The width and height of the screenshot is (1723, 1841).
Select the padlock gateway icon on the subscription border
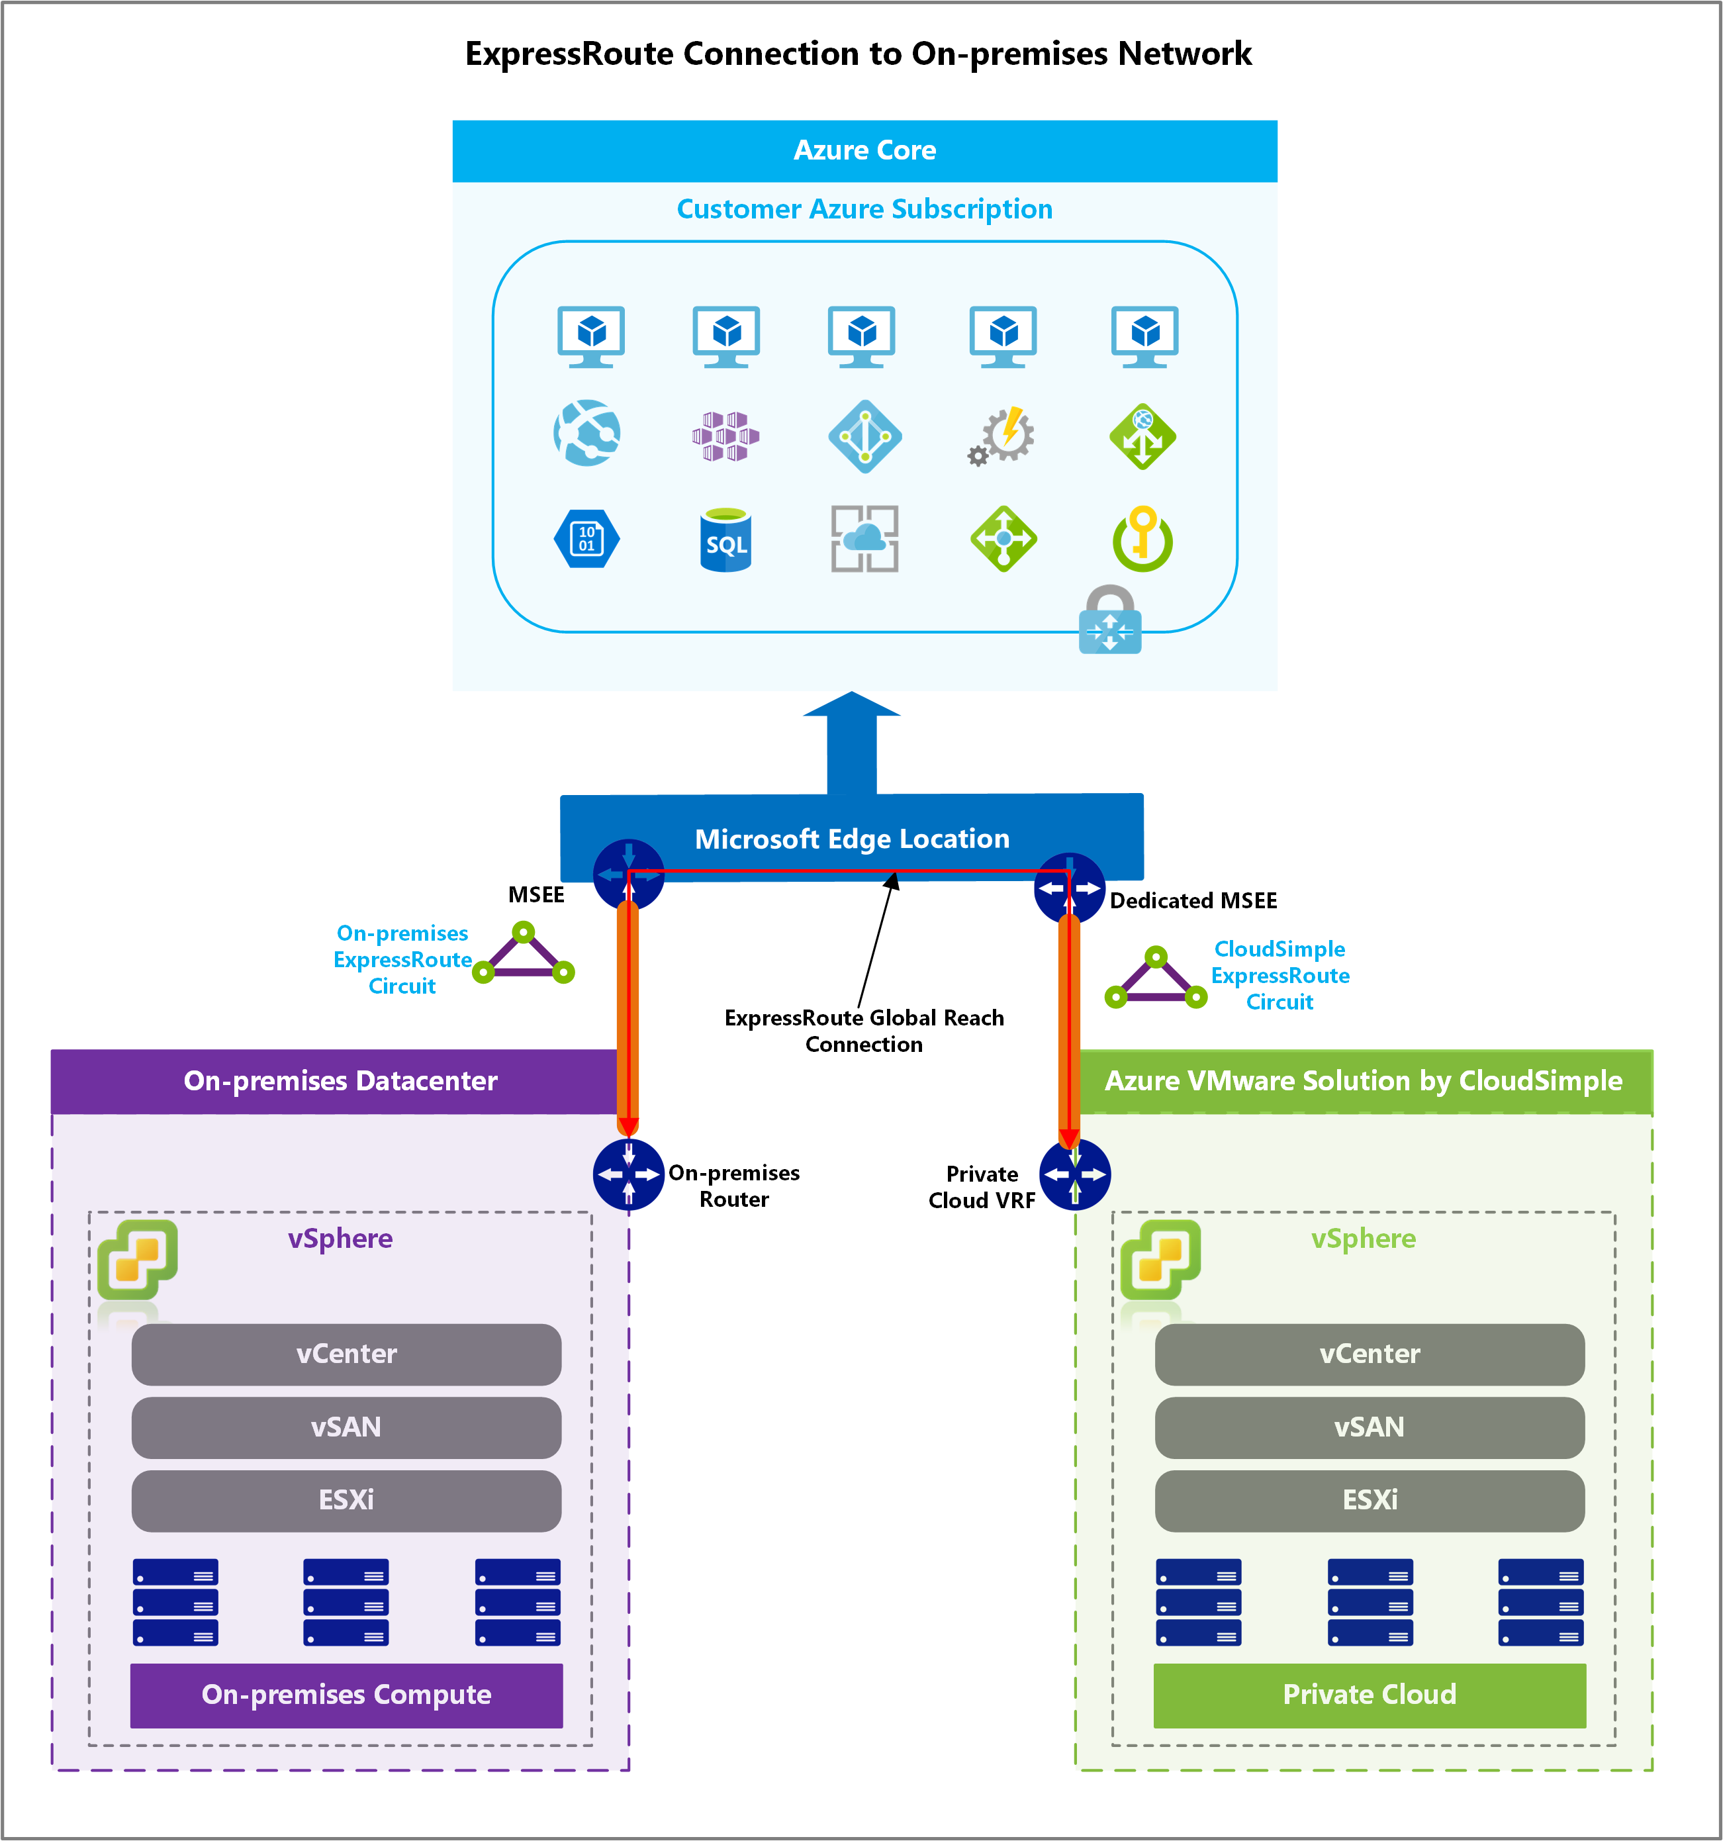coord(1109,620)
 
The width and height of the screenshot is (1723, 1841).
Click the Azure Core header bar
coord(864,151)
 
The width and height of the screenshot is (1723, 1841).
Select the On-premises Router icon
coord(629,1174)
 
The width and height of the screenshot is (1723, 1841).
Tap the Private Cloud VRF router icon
coord(1074,1174)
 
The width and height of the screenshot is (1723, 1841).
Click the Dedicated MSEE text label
coord(1193,900)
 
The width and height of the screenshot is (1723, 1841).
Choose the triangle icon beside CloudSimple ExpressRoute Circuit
coord(1156,979)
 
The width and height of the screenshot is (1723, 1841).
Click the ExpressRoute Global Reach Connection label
coord(863,1031)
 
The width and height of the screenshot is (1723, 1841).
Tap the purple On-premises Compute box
coord(346,1694)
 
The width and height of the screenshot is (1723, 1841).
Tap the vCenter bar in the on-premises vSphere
coord(346,1354)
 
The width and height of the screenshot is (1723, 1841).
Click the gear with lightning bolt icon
coord(1003,435)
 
